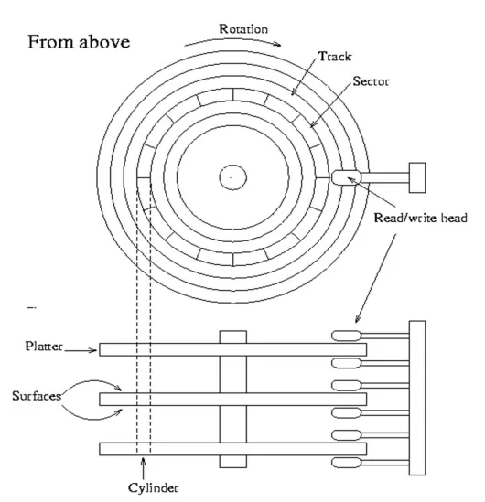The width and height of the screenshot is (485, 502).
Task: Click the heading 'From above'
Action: click(x=79, y=42)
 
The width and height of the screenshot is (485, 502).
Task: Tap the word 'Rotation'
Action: click(x=243, y=29)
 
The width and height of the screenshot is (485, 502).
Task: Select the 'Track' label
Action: click(x=335, y=57)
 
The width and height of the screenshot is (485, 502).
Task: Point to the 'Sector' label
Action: click(x=371, y=81)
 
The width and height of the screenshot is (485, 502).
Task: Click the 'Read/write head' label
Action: click(x=420, y=218)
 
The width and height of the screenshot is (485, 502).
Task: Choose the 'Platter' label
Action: click(x=44, y=346)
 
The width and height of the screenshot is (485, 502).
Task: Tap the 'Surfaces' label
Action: click(x=37, y=396)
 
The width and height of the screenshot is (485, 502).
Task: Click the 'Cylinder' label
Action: click(x=153, y=488)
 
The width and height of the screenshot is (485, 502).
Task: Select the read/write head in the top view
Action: click(x=346, y=177)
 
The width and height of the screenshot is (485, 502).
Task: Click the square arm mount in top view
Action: click(x=417, y=177)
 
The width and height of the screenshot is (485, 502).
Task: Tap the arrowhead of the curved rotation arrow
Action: click(x=278, y=45)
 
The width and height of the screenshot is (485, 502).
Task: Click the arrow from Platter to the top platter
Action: click(x=81, y=350)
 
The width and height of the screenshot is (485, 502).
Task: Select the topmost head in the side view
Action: click(x=346, y=336)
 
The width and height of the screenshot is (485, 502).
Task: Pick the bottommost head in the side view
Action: click(x=346, y=463)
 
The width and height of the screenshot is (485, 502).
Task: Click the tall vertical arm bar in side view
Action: click(x=417, y=398)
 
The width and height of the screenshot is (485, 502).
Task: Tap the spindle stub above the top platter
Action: click(x=232, y=337)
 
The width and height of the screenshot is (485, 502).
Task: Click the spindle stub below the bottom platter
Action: click(x=232, y=462)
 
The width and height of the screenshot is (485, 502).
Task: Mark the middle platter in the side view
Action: click(x=232, y=400)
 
